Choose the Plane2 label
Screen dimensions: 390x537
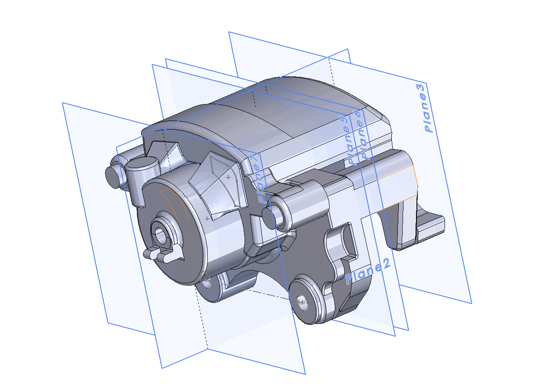click(368, 272)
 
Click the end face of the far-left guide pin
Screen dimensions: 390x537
click(112, 177)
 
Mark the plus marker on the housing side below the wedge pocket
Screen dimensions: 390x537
click(207, 219)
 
